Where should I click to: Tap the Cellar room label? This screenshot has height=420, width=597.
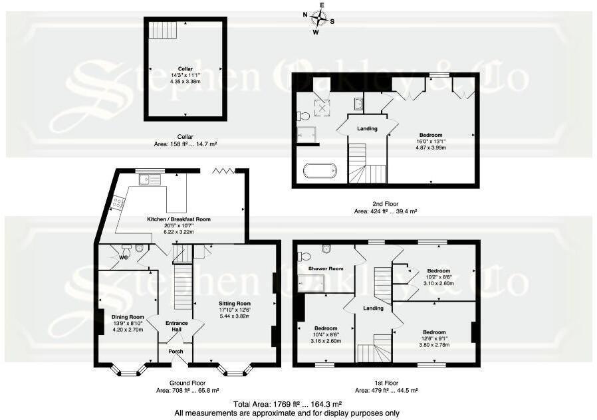coord(184,68)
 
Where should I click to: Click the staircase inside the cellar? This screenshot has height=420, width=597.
coord(162,29)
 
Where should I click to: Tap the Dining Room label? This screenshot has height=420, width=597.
coord(128,317)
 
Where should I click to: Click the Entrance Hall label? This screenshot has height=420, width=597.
coord(176,326)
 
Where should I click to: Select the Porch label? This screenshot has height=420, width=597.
coord(176,352)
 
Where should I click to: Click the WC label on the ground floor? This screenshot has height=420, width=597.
coord(123,257)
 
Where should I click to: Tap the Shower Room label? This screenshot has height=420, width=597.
coord(326,268)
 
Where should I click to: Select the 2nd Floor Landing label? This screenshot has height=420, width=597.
coord(367,129)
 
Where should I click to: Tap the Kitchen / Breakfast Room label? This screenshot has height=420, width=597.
coord(179,219)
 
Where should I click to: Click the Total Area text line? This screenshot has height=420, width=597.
coord(287,404)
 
